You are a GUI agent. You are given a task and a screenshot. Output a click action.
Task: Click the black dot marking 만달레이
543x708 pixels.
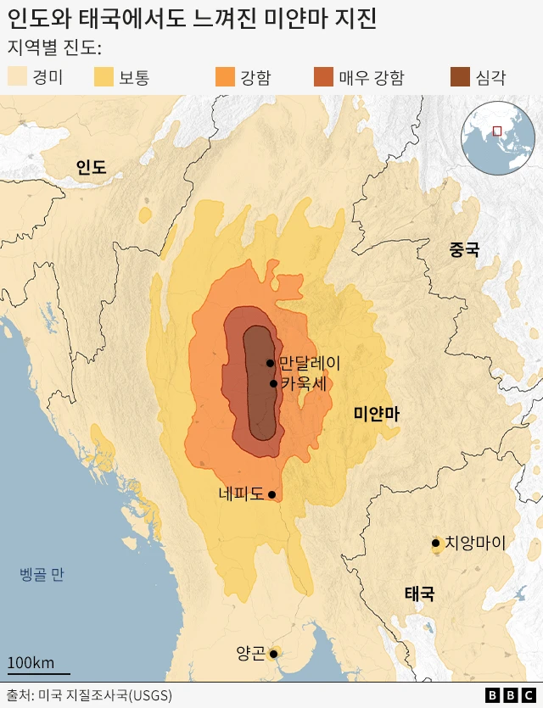pyautogui.click(x=270, y=363)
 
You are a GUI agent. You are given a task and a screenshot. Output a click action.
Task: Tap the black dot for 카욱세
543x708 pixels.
pyautogui.click(x=273, y=383)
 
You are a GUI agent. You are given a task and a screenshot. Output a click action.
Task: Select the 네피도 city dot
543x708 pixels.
pyautogui.click(x=271, y=494)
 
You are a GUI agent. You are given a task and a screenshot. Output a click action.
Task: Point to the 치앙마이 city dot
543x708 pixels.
pyautogui.click(x=435, y=543)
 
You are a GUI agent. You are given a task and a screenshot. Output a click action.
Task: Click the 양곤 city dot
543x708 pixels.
pyautogui.click(x=273, y=654)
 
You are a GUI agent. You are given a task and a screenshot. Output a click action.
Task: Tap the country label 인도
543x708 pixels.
pyautogui.click(x=91, y=167)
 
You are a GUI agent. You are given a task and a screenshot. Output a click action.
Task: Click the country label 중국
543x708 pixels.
pyautogui.click(x=464, y=249)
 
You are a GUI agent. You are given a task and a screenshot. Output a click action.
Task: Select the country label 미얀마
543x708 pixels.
pyautogui.click(x=377, y=414)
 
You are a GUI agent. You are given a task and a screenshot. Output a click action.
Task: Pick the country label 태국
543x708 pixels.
pyautogui.click(x=419, y=594)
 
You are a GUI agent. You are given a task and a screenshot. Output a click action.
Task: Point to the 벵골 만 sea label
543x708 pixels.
pyautogui.click(x=42, y=575)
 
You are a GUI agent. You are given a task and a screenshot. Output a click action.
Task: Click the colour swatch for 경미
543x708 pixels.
pyautogui.click(x=17, y=78)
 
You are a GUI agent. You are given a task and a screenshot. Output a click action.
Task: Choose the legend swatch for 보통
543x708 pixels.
pyautogui.click(x=104, y=78)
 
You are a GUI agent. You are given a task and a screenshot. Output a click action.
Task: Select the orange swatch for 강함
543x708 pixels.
pyautogui.click(x=225, y=78)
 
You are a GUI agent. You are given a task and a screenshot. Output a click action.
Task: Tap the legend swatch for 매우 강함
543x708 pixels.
pyautogui.click(x=323, y=78)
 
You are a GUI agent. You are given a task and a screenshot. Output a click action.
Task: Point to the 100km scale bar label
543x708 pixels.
pyautogui.click(x=31, y=662)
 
